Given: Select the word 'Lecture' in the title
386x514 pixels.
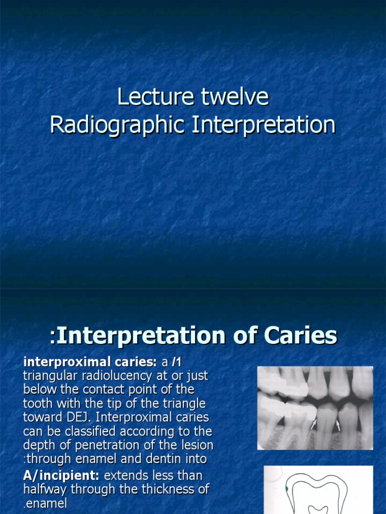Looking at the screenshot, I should [155, 97].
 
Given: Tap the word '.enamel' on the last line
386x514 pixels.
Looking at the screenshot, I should [45, 503].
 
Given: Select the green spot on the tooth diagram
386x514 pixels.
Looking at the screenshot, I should [286, 488].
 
